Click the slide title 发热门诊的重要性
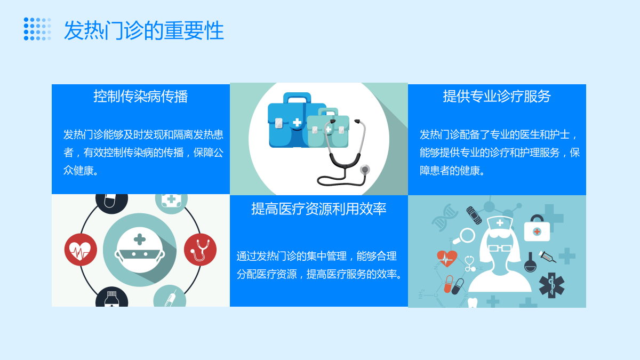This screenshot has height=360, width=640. click(x=143, y=30)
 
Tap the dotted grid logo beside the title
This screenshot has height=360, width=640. click(x=37, y=29)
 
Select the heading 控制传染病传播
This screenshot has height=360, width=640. click(x=141, y=97)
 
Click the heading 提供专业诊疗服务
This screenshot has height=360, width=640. click(x=497, y=97)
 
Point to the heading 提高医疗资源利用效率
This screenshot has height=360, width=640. click(x=319, y=209)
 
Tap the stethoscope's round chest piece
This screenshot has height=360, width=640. click(x=365, y=170)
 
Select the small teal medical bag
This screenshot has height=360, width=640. click(x=328, y=129)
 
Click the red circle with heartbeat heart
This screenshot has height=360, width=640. click(x=81, y=250)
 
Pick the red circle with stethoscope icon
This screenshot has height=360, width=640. click(x=201, y=250)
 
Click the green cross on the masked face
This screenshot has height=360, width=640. click(x=140, y=239)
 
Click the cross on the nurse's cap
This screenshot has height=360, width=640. click(x=500, y=223)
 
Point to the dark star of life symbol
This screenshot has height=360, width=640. click(x=551, y=285)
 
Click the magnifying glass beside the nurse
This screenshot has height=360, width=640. click(x=465, y=236)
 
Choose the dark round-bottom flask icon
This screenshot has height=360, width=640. click(x=530, y=263)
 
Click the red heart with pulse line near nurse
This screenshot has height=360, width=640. click(x=447, y=259)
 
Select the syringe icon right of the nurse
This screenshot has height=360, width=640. click(x=547, y=257)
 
